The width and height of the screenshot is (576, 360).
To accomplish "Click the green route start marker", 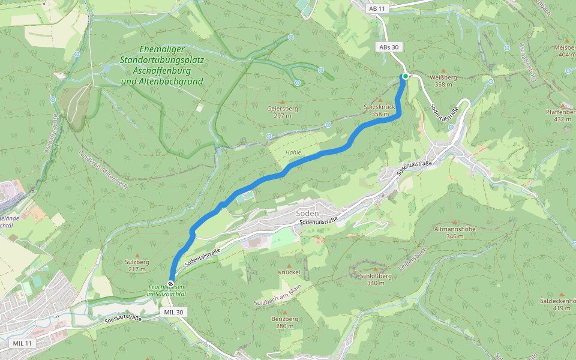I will point(406,76).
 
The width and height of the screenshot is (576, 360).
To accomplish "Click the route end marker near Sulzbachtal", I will point(171,283).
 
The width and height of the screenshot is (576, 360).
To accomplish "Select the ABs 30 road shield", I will point(388,47).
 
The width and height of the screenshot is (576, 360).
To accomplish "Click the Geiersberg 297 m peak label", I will point(283,112).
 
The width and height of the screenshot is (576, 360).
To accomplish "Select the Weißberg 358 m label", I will point(443,81).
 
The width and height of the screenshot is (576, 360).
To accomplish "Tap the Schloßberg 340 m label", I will point(376,279).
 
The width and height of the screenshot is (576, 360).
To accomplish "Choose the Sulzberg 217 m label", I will point(137,266).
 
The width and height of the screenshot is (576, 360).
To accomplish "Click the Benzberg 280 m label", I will point(284,322).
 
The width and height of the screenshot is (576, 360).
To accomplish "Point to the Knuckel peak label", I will point(289,272).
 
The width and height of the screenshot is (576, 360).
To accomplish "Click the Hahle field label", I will point(293,152).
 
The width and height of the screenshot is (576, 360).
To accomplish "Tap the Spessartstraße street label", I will point(122,319).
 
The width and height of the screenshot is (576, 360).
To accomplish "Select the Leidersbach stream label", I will point(412,258).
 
